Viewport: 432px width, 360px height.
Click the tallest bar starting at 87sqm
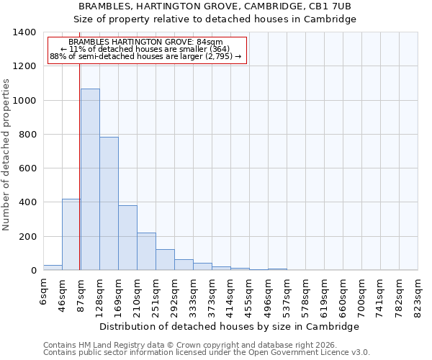point(90,179)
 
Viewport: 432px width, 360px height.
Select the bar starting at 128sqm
point(109,204)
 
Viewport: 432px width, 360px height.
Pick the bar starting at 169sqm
point(127,238)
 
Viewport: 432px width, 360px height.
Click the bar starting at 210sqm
point(146,251)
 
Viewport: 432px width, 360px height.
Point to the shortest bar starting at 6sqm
point(53,267)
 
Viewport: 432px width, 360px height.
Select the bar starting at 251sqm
point(165,260)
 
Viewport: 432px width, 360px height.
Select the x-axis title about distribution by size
point(229,326)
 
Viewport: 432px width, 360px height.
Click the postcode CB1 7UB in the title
point(330,6)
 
